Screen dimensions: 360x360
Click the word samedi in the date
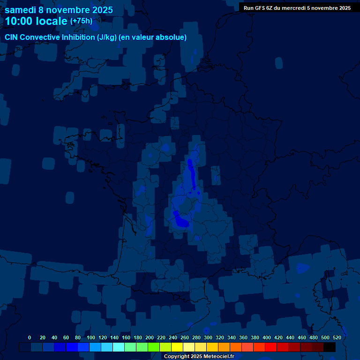pos(21,9)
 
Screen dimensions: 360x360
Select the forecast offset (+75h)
pos(81,21)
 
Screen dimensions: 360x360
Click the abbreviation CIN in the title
pos(12,37)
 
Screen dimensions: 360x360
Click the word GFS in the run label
pos(263,8)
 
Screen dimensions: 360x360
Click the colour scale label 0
pos(30,337)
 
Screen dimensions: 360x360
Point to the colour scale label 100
pos(91,337)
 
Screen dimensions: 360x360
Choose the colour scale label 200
pos(150,337)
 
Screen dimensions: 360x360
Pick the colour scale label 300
pos(208,337)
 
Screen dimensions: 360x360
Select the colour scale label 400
pos(267,337)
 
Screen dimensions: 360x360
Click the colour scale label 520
pos(337,337)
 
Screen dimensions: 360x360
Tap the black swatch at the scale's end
pos(330,347)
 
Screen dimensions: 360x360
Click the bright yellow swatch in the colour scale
pos(177,347)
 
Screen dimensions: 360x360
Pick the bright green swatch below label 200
pos(154,347)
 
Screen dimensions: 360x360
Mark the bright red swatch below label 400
pos(271,347)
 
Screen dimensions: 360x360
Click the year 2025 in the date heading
pos(100,9)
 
